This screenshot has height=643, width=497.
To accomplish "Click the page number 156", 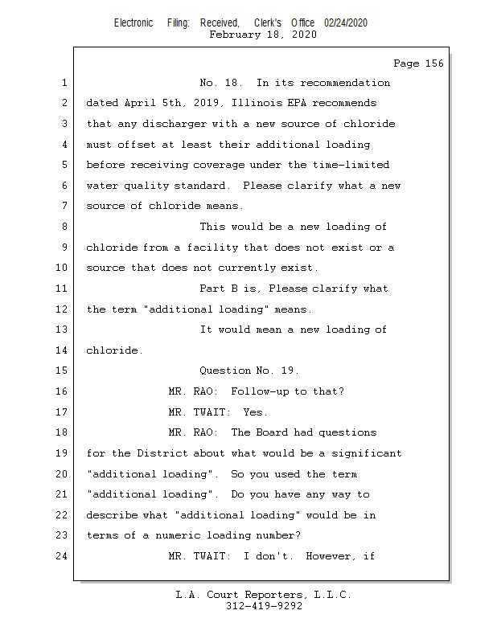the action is pyautogui.click(x=434, y=63).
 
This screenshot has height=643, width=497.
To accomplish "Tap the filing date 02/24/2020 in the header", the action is pyautogui.click(x=346, y=23).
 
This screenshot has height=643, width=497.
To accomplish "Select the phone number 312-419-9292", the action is pyautogui.click(x=264, y=606).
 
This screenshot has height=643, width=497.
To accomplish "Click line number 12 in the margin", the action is pyautogui.click(x=62, y=309).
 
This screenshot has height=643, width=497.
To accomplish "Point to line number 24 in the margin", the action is pyautogui.click(x=62, y=556).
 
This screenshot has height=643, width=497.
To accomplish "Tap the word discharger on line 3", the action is pyautogui.click(x=175, y=125).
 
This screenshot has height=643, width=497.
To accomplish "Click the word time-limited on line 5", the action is pyautogui.click(x=351, y=165).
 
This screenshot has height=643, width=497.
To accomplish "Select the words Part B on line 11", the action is pyautogui.click(x=219, y=289).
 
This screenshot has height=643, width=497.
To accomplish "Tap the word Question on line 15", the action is pyautogui.click(x=225, y=371).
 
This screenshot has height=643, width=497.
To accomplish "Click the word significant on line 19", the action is pyautogui.click(x=367, y=453).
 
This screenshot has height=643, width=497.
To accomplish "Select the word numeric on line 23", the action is pyautogui.click(x=178, y=535).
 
